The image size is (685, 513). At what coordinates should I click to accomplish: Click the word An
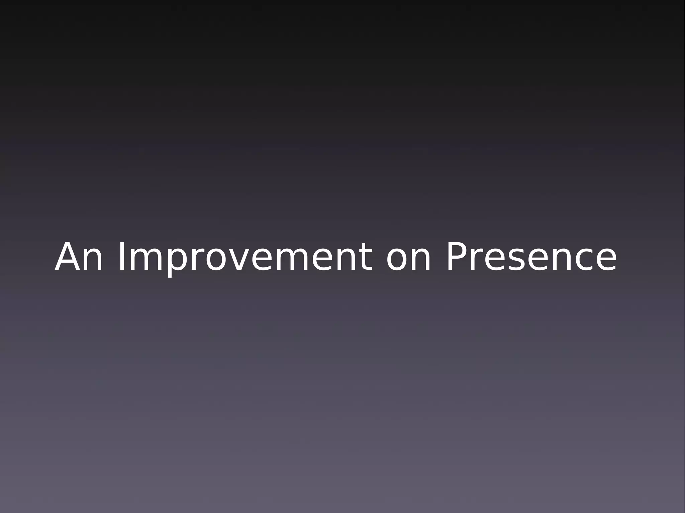tap(79, 257)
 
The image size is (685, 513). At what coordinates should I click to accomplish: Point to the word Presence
tap(531, 257)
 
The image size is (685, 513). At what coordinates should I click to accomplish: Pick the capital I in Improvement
tap(121, 257)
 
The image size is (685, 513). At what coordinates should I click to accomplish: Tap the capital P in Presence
tap(458, 257)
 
